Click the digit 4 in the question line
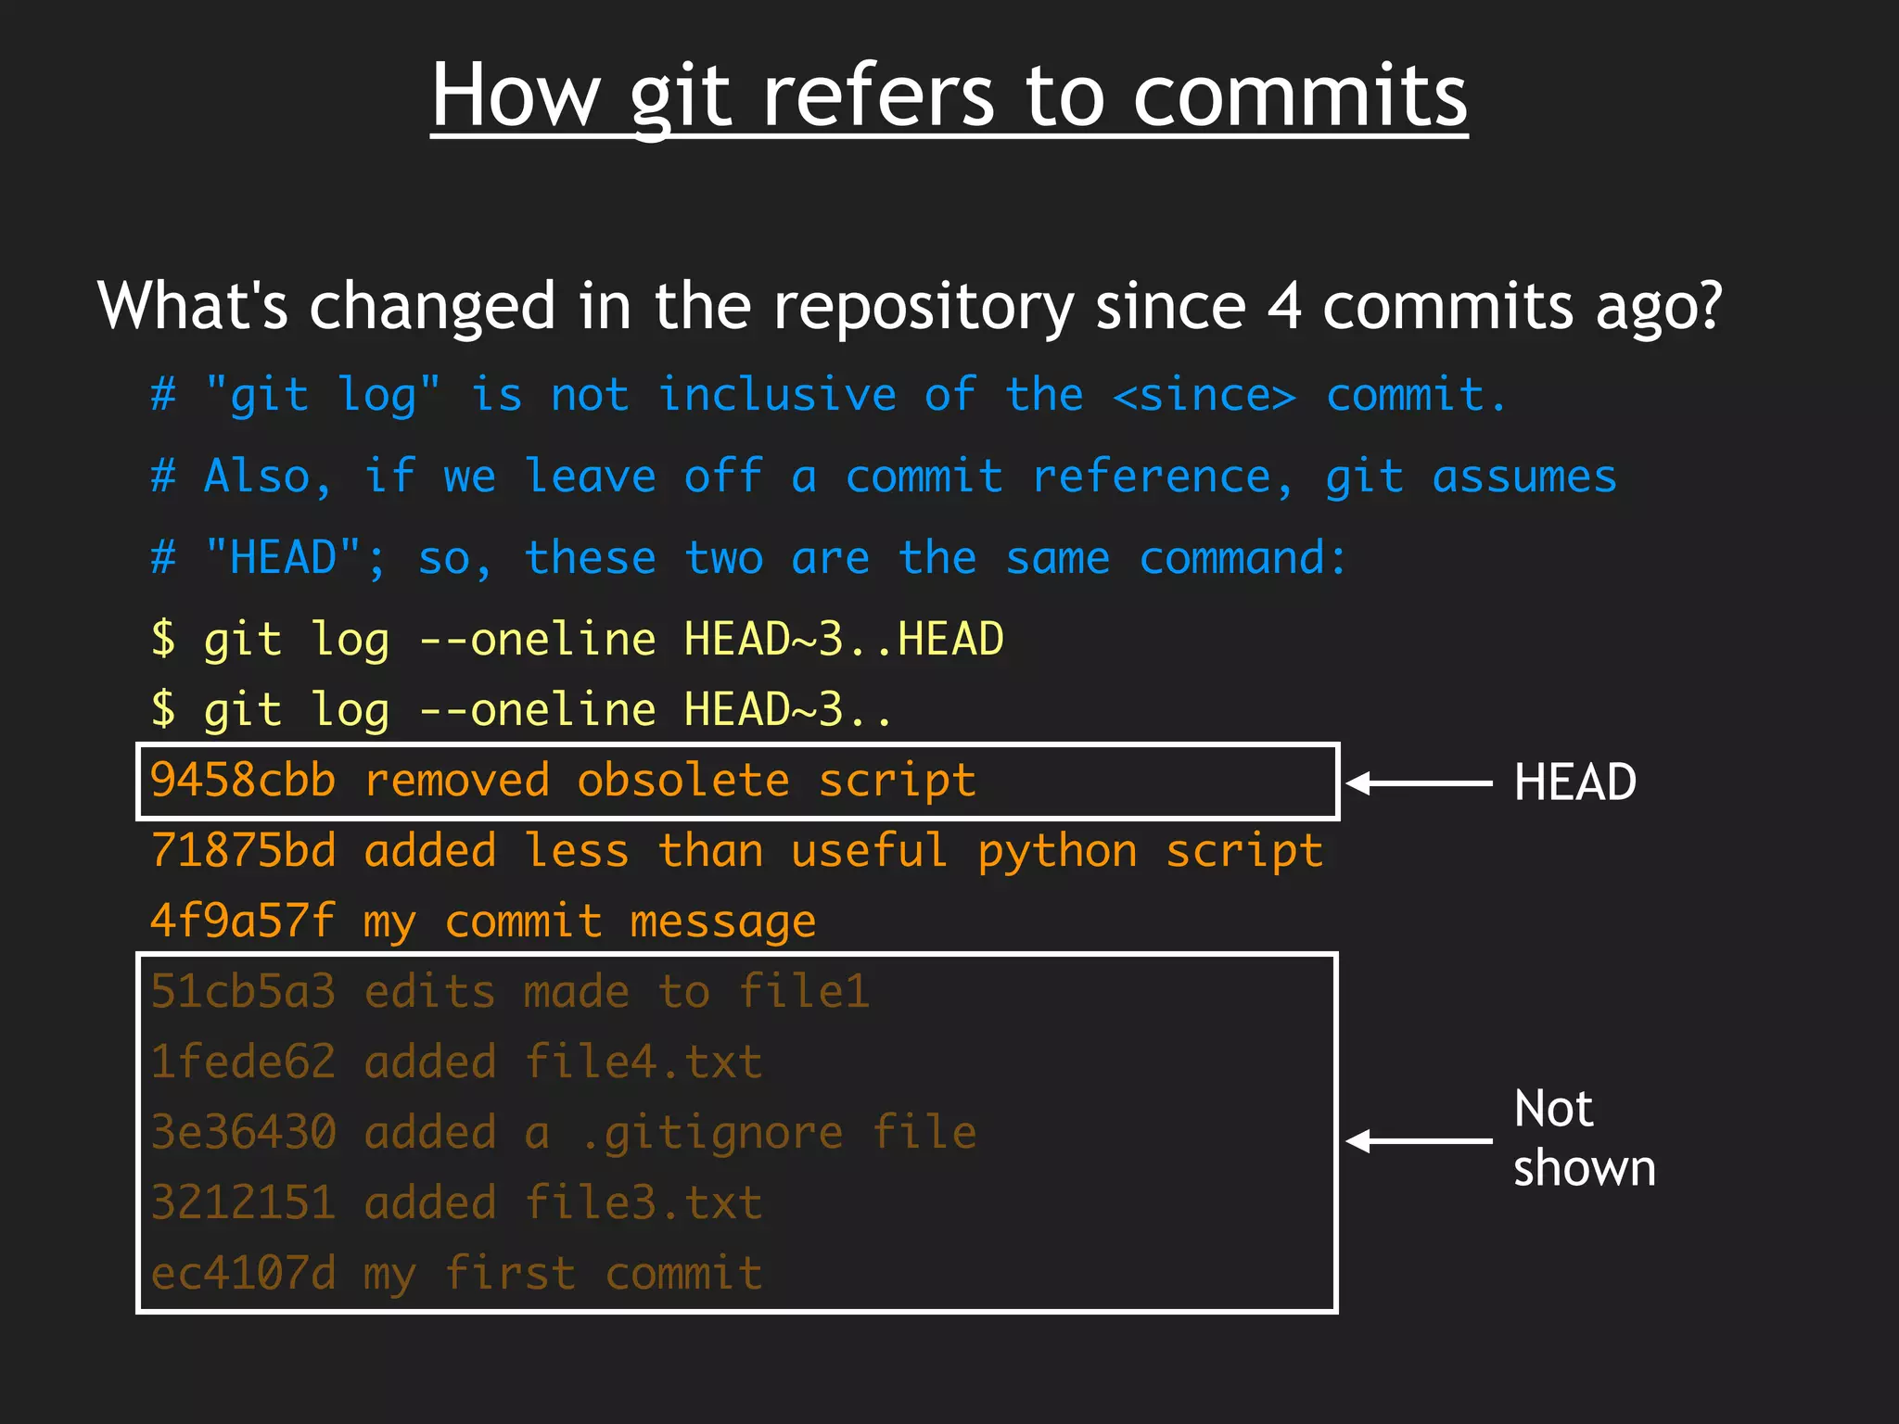1284,306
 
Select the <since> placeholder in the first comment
1204,396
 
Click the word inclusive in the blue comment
777,396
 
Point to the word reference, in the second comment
1162,477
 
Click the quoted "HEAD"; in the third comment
294,559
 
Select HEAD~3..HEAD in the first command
843,640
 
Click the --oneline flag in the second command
537,711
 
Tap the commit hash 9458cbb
243,781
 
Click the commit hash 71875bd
243,851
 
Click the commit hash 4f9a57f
243,922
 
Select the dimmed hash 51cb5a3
243,992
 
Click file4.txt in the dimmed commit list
643,1062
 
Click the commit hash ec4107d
243,1274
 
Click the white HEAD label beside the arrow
1574,782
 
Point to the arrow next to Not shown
1418,1141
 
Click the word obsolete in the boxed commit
683,781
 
